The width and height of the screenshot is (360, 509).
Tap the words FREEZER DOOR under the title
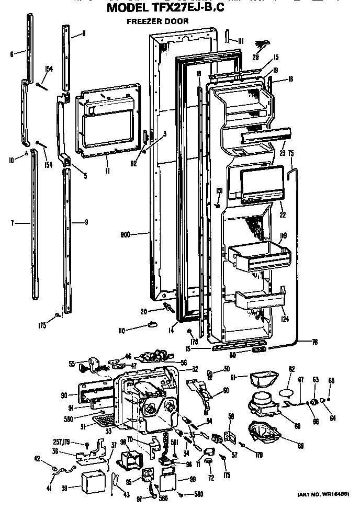(157, 21)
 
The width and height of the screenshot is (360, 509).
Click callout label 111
(241, 41)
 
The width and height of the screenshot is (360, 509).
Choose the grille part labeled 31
(104, 418)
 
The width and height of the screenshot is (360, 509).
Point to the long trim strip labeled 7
(35, 225)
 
